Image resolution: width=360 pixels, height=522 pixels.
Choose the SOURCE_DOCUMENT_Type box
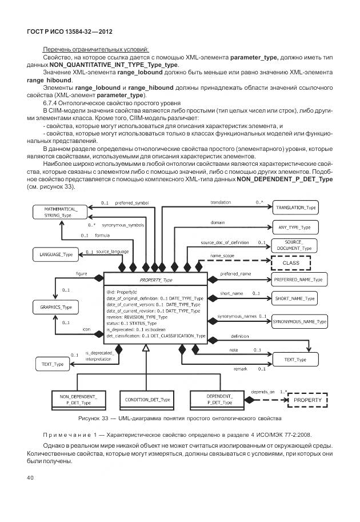point(296,245)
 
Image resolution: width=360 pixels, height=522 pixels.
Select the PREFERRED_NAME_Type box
point(298,280)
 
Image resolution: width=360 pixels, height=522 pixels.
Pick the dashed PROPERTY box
point(307,400)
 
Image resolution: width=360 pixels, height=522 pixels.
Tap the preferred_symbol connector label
point(131,203)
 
